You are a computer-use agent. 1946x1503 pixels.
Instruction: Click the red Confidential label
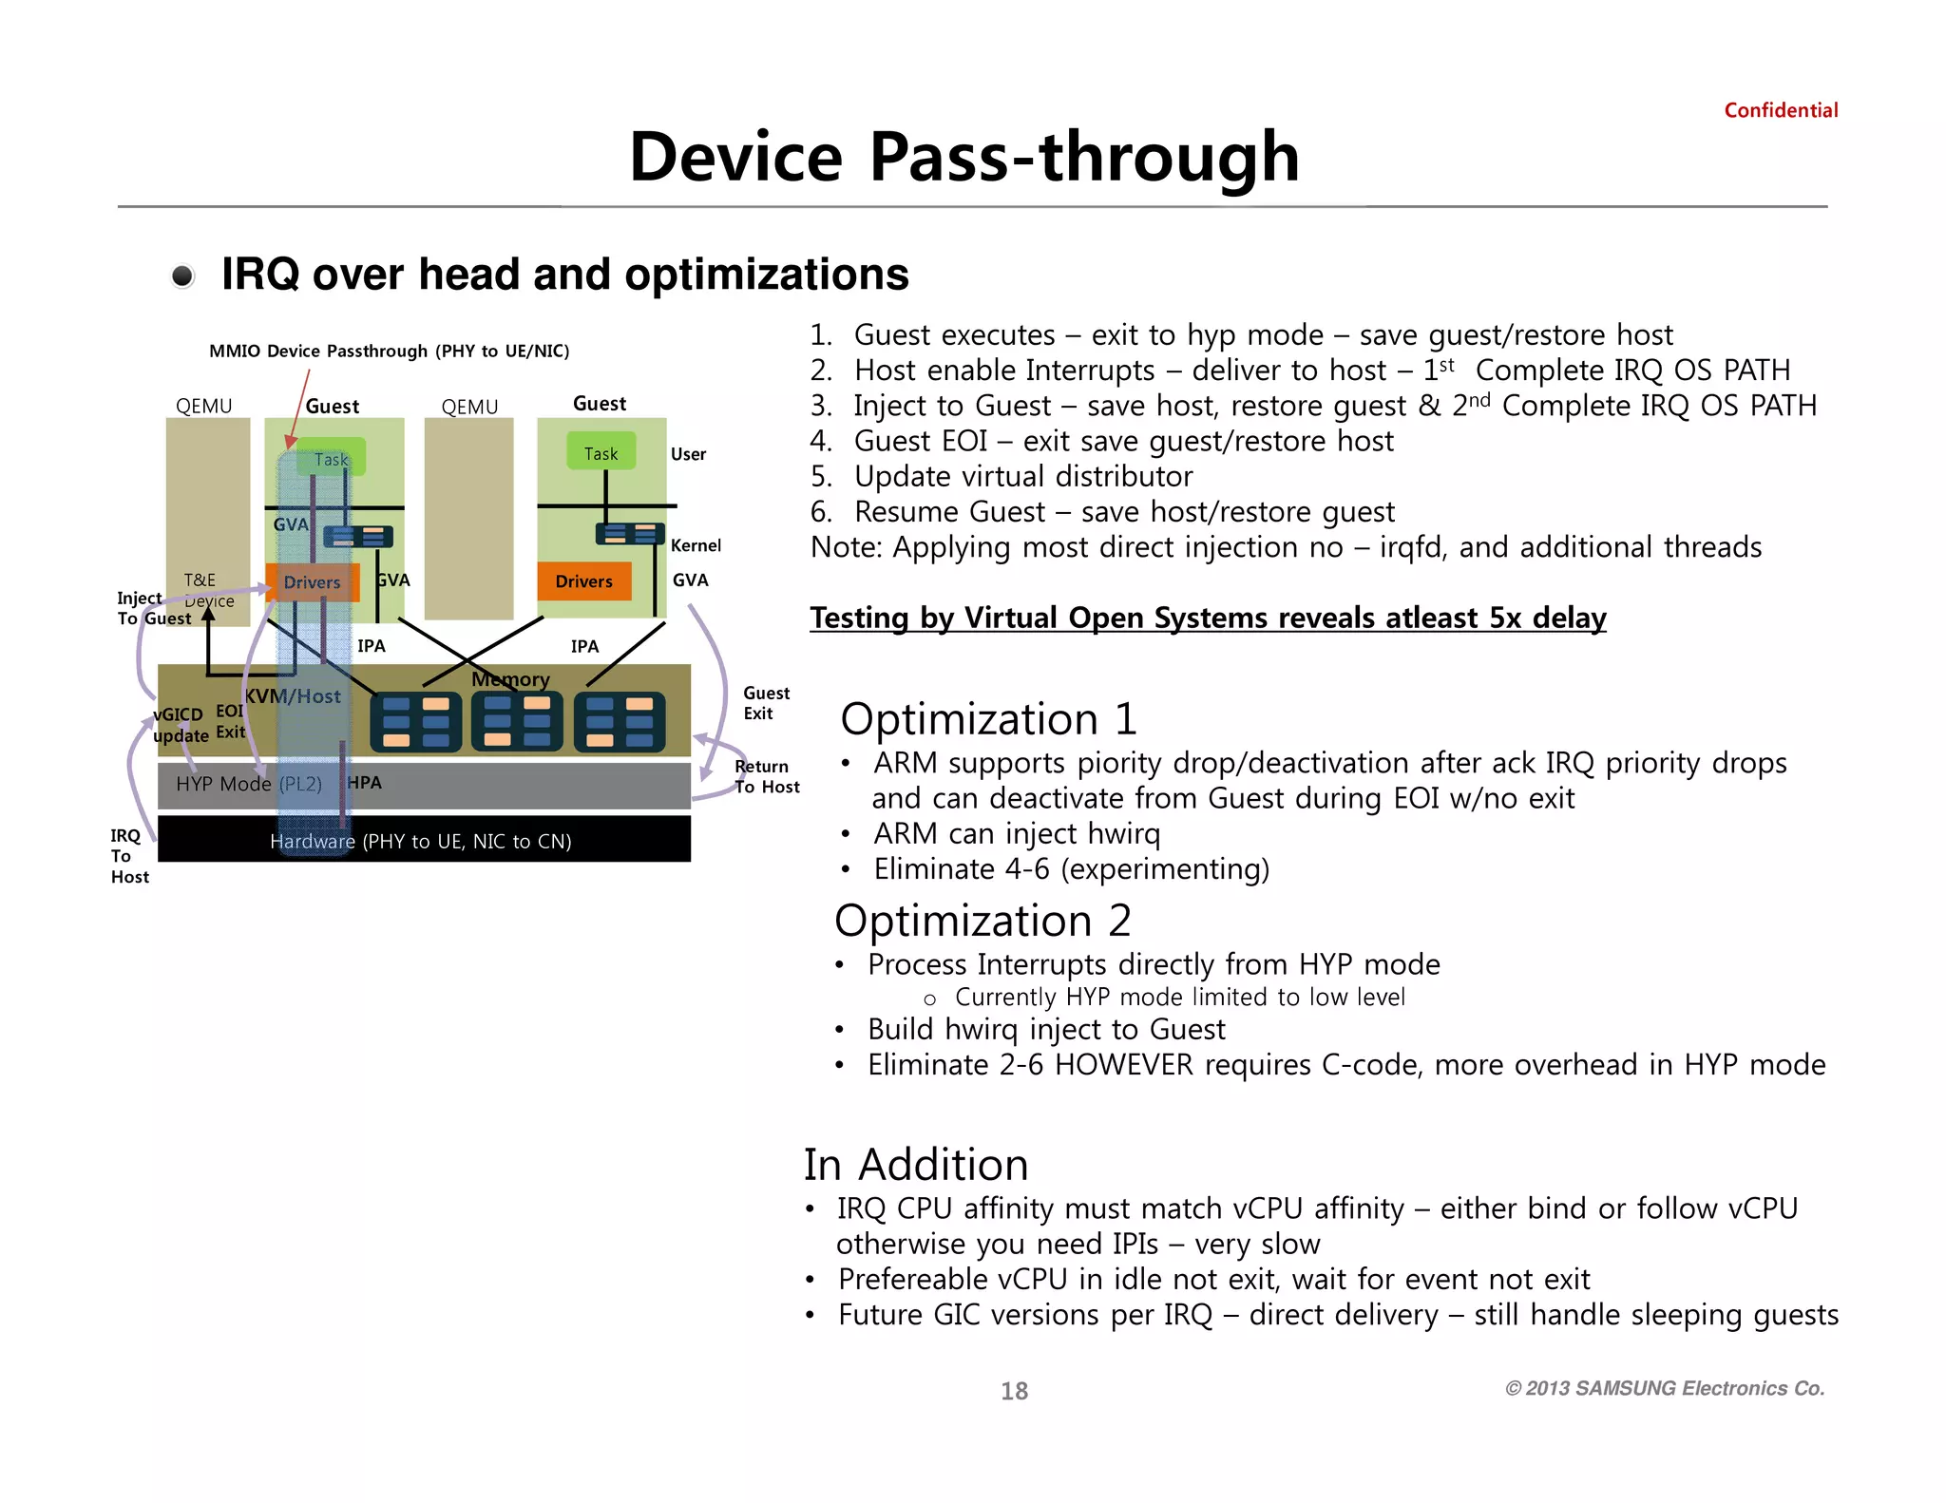(1780, 110)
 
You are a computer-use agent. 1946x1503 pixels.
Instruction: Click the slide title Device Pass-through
(963, 157)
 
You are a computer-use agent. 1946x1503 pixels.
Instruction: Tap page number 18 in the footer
(1014, 1391)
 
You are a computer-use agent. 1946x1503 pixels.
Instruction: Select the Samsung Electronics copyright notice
(1665, 1388)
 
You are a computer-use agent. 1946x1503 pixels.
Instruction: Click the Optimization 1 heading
(988, 719)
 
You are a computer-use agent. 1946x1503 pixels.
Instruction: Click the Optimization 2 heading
(983, 921)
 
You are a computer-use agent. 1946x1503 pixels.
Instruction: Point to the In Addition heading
(916, 1165)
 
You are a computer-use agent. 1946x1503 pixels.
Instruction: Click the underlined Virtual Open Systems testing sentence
(1208, 618)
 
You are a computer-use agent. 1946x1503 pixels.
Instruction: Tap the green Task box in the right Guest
(601, 453)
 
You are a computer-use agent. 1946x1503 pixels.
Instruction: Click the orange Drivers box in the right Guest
(583, 581)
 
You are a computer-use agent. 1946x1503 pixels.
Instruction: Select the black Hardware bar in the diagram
(424, 841)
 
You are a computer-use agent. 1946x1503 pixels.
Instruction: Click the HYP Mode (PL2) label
(249, 784)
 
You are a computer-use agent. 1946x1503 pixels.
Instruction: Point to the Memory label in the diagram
(510, 679)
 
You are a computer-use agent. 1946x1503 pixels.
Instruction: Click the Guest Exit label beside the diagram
(765, 703)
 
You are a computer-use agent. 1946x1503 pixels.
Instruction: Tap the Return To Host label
(766, 776)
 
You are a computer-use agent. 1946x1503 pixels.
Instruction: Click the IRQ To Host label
(128, 856)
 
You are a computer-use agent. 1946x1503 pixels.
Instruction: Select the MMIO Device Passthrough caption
(389, 351)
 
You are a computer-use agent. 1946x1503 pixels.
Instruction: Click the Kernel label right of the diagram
(696, 545)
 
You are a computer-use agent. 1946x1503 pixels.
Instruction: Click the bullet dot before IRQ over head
(182, 276)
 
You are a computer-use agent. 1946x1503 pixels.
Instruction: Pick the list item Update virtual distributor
(1022, 476)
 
